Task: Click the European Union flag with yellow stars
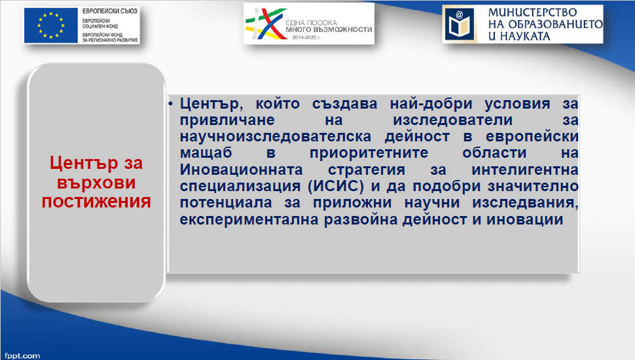(50, 25)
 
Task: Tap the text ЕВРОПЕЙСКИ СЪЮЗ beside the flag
(110, 11)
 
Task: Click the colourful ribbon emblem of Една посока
(265, 24)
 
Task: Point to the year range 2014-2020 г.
(306, 37)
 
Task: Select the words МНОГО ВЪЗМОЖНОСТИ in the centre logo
(329, 29)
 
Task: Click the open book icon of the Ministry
(460, 24)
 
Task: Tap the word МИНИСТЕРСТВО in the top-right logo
(532, 12)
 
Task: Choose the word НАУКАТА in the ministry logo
(525, 37)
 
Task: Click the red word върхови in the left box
(96, 183)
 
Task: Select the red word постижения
(96, 202)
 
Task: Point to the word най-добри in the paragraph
(431, 104)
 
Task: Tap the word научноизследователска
(276, 137)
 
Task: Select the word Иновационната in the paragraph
(242, 170)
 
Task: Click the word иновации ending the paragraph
(524, 219)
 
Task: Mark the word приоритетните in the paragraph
(369, 153)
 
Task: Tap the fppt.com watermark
(23, 356)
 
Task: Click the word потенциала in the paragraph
(226, 203)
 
